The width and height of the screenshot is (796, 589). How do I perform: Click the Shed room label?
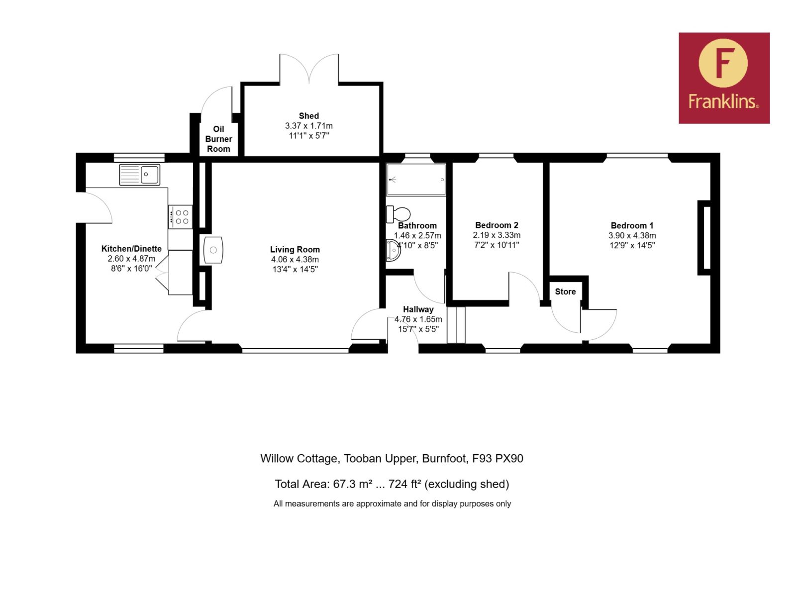(308, 116)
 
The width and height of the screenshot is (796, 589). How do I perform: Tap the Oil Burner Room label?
(218, 139)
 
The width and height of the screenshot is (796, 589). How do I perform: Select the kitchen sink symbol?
(140, 175)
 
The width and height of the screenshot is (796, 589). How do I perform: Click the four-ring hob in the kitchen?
(181, 217)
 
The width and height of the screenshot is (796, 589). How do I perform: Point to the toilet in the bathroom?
(398, 214)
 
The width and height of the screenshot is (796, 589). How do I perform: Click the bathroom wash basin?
(393, 250)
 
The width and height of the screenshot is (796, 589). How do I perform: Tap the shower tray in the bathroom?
(416, 180)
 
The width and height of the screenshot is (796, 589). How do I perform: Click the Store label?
(565, 292)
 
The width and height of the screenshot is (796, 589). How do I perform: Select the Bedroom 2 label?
(497, 225)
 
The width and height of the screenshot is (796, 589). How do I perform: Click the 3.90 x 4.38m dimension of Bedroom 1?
(632, 235)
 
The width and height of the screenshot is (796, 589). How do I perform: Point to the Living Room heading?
(295, 249)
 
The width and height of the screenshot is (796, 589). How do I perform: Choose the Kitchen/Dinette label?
(131, 248)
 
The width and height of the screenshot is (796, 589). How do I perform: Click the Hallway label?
(418, 309)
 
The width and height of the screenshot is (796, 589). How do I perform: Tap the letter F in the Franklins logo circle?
(722, 64)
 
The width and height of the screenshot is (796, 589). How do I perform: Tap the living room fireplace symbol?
(213, 250)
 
